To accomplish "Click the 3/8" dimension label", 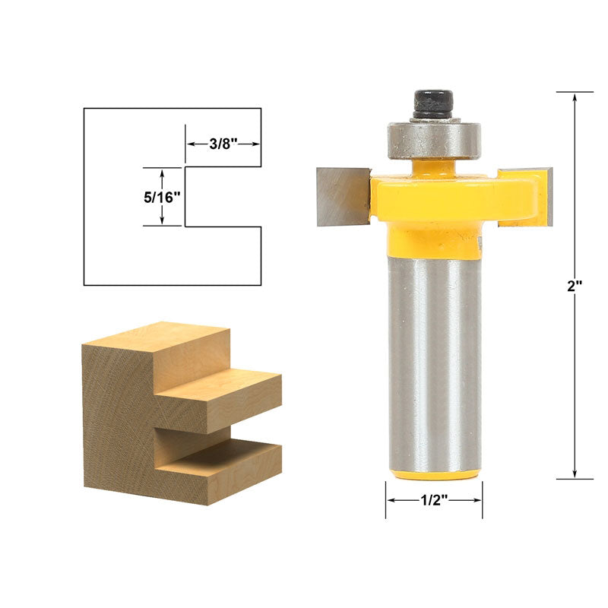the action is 223,144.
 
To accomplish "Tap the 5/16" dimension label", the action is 162,198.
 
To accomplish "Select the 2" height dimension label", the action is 575,287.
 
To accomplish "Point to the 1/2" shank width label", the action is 434,500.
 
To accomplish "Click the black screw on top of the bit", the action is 433,104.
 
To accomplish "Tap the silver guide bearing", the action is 434,141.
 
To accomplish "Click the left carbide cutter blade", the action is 344,197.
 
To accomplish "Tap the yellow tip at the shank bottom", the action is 434,474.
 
